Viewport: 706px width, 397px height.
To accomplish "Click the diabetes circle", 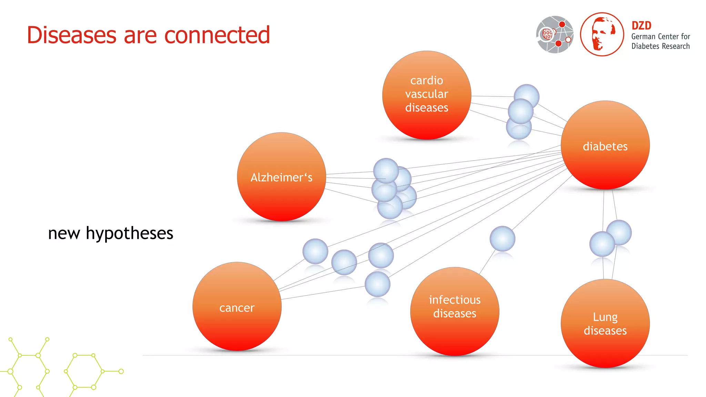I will pyautogui.click(x=605, y=145).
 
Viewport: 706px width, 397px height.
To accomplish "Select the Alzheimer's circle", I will pyautogui.click(x=281, y=177).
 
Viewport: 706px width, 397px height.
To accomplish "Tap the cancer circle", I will pyautogui.click(x=237, y=307).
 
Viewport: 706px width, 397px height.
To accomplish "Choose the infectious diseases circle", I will pyautogui.click(x=454, y=311).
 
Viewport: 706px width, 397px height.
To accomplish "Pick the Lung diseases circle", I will pyautogui.click(x=605, y=324).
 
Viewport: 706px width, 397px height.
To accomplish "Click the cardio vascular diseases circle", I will pyautogui.click(x=426, y=95).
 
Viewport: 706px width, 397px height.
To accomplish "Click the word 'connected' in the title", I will pyautogui.click(x=217, y=35).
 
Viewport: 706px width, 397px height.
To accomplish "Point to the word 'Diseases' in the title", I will pyautogui.click(x=72, y=35).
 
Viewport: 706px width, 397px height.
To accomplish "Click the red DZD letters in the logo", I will pyautogui.click(x=641, y=26).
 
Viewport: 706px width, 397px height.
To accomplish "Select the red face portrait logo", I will pyautogui.click(x=602, y=34).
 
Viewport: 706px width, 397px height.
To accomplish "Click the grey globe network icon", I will pyautogui.click(x=555, y=34).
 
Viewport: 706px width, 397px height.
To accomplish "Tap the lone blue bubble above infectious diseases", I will pyautogui.click(x=502, y=238).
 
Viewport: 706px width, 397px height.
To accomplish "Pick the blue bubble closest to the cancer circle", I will pyautogui.click(x=315, y=251).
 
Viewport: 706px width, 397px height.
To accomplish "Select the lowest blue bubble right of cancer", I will pyautogui.click(x=377, y=284).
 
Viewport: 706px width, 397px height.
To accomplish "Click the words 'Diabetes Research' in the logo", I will pyautogui.click(x=660, y=46).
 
